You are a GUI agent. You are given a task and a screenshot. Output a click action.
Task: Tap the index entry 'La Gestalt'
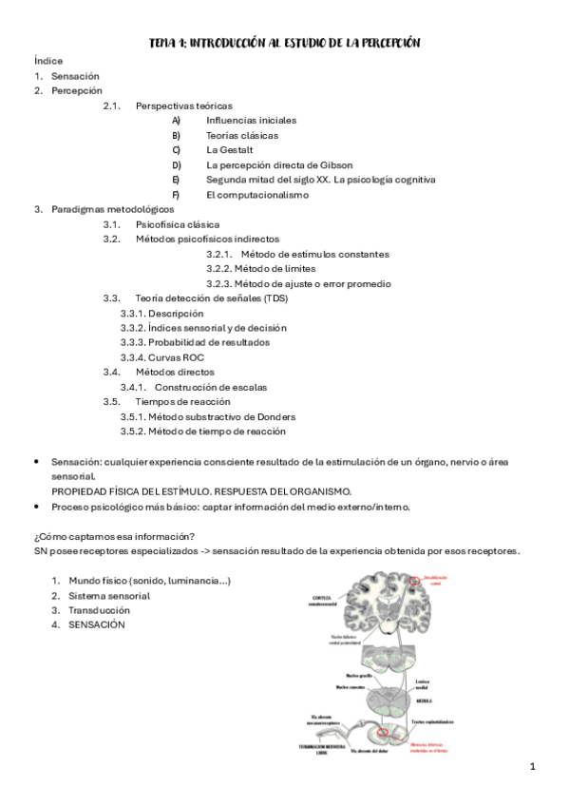(x=228, y=150)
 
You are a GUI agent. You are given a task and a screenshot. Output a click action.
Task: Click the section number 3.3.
(x=111, y=298)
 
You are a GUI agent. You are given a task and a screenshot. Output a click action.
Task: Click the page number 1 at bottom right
(x=533, y=765)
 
